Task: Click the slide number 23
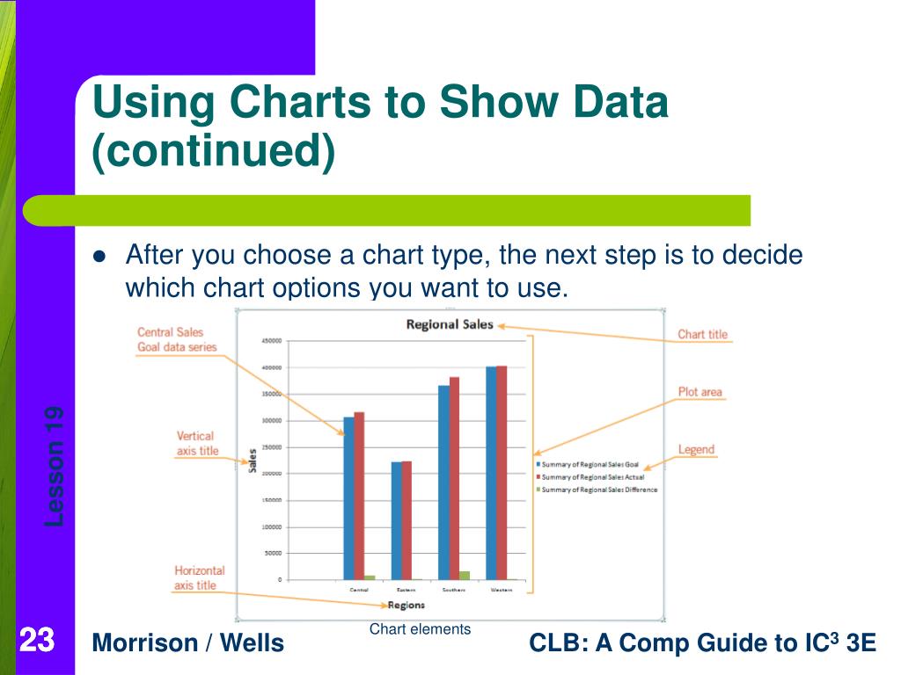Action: pyautogui.click(x=36, y=641)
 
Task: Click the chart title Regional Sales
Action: pyautogui.click(x=450, y=324)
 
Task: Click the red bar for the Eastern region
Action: pyautogui.click(x=407, y=519)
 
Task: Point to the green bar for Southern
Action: pyautogui.click(x=465, y=575)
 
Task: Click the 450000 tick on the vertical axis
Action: pyautogui.click(x=271, y=341)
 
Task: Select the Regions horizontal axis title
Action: pyautogui.click(x=406, y=605)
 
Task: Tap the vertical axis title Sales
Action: pyautogui.click(x=253, y=462)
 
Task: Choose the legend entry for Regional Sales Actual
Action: pyautogui.click(x=594, y=476)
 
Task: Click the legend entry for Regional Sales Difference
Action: pyautogui.click(x=599, y=490)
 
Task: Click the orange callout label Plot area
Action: pyautogui.click(x=700, y=392)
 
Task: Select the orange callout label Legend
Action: pyautogui.click(x=696, y=450)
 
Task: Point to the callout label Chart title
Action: pyautogui.click(x=702, y=335)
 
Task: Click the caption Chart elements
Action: pyautogui.click(x=420, y=629)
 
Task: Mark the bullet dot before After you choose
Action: pyautogui.click(x=99, y=258)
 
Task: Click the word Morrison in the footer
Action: pyautogui.click(x=144, y=643)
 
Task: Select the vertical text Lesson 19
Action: pyautogui.click(x=55, y=466)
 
